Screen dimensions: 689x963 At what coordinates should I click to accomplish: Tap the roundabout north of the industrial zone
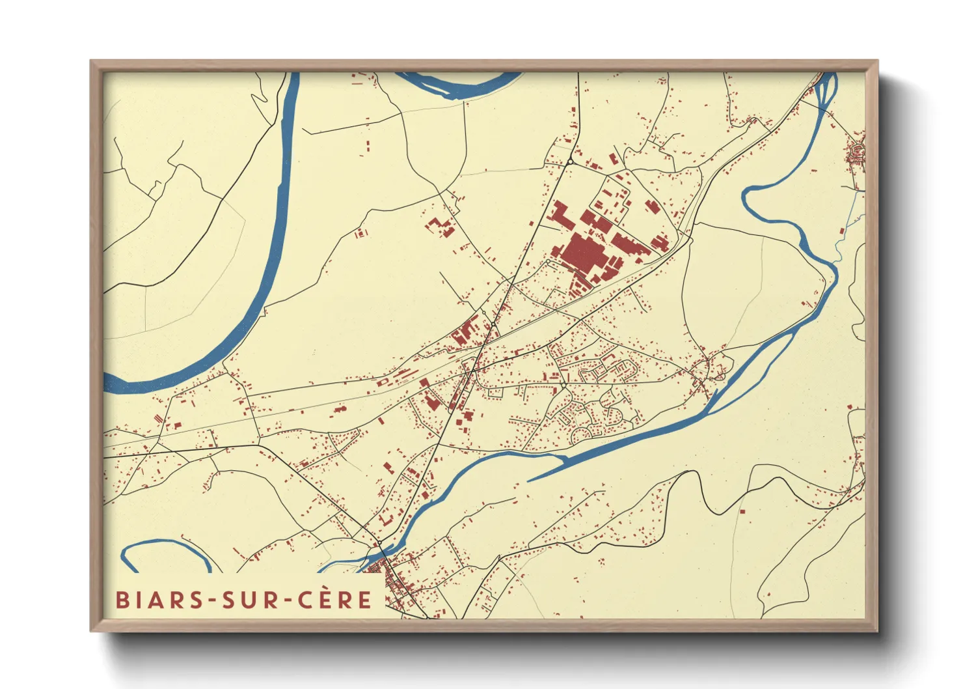pyautogui.click(x=570, y=162)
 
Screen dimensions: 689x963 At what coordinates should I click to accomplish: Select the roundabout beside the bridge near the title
pyautogui.click(x=379, y=542)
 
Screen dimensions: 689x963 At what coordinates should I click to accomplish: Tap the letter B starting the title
pyautogui.click(x=122, y=600)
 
